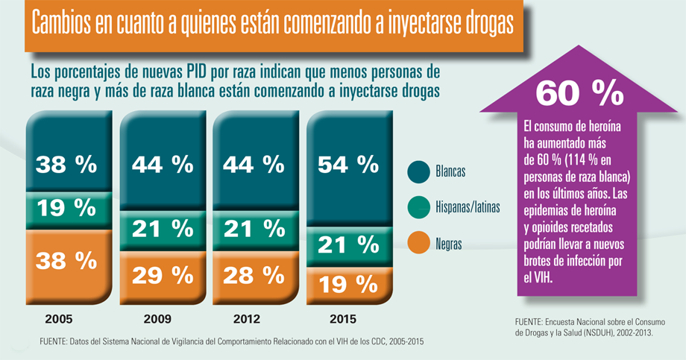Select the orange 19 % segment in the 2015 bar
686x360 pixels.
(x=348, y=285)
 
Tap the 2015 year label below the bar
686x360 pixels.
(x=342, y=319)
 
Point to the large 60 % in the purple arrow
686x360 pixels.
(x=579, y=93)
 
